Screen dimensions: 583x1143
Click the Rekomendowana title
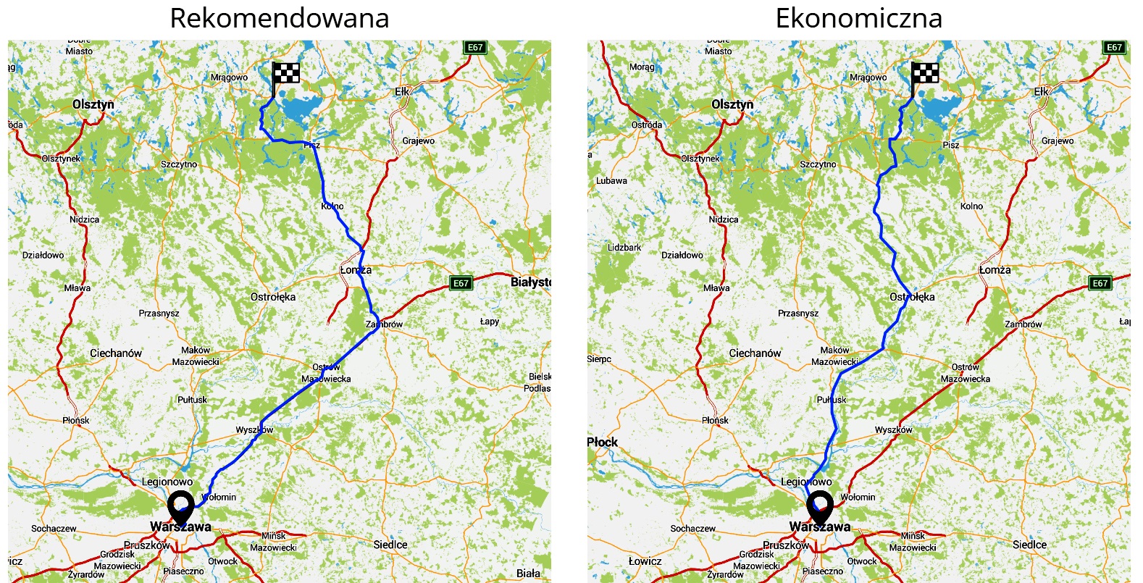[x=279, y=18]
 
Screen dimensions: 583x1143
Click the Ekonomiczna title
[x=858, y=18]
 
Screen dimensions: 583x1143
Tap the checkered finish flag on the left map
[x=285, y=73]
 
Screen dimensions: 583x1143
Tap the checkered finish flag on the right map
[x=924, y=73]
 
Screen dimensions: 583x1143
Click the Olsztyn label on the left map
[x=93, y=104]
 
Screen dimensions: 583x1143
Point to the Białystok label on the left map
[x=530, y=282]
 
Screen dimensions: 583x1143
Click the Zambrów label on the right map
[x=1023, y=324]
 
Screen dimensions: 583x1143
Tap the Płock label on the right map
[x=603, y=442]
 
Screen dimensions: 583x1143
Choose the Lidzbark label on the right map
[x=624, y=248]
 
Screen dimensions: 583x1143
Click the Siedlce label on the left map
[x=390, y=545]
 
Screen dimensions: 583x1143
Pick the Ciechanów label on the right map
[x=755, y=353]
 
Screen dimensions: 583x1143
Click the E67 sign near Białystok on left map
[x=461, y=283]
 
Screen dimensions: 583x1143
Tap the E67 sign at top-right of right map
[x=1114, y=48]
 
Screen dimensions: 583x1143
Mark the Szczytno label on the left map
[x=179, y=164]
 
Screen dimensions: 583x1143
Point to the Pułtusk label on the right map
[x=832, y=400]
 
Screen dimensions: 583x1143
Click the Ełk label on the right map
[x=1041, y=92]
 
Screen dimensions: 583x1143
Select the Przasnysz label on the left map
[x=159, y=314]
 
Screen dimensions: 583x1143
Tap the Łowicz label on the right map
[x=645, y=561]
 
